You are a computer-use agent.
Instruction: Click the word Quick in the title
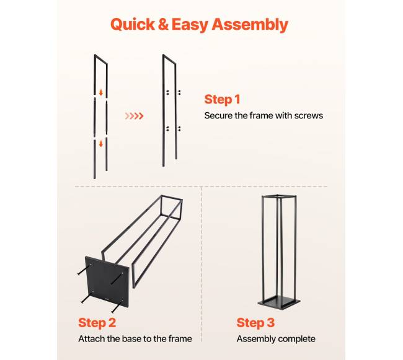(132, 25)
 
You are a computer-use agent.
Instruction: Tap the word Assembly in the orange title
(250, 25)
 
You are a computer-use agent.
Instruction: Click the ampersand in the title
(163, 24)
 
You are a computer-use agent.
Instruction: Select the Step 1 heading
(223, 99)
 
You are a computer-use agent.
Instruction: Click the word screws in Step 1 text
(308, 115)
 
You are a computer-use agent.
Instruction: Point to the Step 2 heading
(97, 323)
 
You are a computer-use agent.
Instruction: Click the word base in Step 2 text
(131, 339)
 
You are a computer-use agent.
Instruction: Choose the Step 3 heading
(255, 323)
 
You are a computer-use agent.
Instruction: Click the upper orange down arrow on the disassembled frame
(101, 92)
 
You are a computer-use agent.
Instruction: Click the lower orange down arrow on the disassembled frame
(101, 144)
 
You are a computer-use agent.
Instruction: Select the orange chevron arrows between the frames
(134, 116)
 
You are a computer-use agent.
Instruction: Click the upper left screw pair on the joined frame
(167, 92)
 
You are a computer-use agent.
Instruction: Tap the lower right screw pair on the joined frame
(179, 129)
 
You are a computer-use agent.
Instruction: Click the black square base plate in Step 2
(107, 282)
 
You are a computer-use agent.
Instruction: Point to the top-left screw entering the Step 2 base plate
(84, 271)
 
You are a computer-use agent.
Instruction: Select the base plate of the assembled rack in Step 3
(279, 303)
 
